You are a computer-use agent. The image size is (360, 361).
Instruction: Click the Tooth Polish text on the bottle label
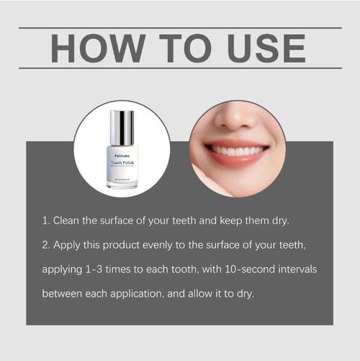point(122,164)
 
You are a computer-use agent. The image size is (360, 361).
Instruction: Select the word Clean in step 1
point(68,220)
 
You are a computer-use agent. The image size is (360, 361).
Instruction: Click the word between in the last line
point(63,293)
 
